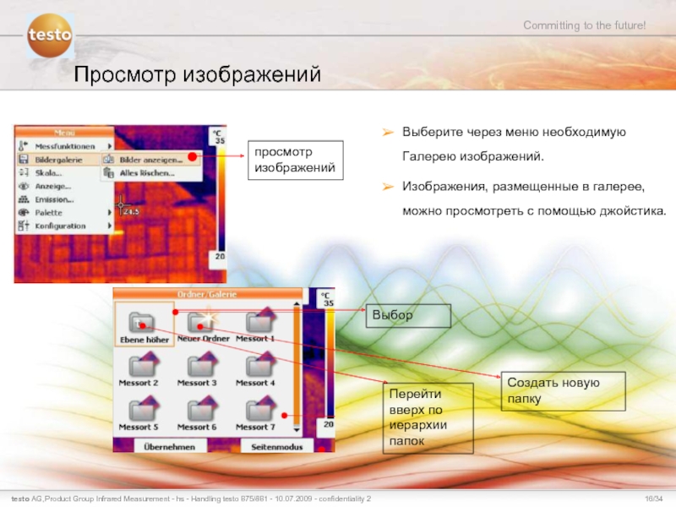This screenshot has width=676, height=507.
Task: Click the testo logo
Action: click(x=50, y=36)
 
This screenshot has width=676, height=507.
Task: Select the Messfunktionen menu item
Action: click(x=64, y=145)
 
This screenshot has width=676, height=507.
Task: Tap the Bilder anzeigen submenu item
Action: click(x=150, y=159)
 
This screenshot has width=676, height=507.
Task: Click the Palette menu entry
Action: click(x=49, y=213)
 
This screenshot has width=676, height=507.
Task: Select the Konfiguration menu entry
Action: click(x=60, y=226)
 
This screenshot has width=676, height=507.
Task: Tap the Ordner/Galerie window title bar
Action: click(x=208, y=294)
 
